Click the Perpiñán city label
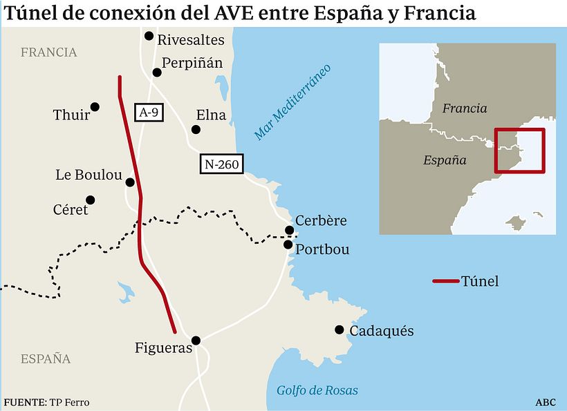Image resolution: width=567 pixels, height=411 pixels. (x=192, y=64)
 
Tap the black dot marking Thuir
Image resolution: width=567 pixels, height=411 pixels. (x=95, y=106)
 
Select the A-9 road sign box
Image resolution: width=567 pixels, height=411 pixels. (x=149, y=113)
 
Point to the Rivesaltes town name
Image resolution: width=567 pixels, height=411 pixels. (x=191, y=40)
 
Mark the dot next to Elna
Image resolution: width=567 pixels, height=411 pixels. (x=196, y=129)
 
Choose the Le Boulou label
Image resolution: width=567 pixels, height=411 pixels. (x=89, y=175)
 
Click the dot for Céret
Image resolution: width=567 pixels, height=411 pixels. (x=90, y=200)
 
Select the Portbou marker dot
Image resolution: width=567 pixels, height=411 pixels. (x=288, y=245)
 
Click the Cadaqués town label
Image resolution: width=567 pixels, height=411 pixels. (x=382, y=331)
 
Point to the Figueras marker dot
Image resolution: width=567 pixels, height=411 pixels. (x=196, y=340)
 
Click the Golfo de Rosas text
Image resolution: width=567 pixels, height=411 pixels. (x=317, y=390)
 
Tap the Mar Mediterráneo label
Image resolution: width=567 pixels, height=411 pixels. (x=292, y=102)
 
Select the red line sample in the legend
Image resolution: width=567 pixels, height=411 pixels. (x=445, y=281)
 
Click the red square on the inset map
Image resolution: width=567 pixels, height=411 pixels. (x=519, y=151)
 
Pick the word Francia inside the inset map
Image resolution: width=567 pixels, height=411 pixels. (x=465, y=108)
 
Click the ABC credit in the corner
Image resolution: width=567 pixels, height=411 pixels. (x=545, y=402)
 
